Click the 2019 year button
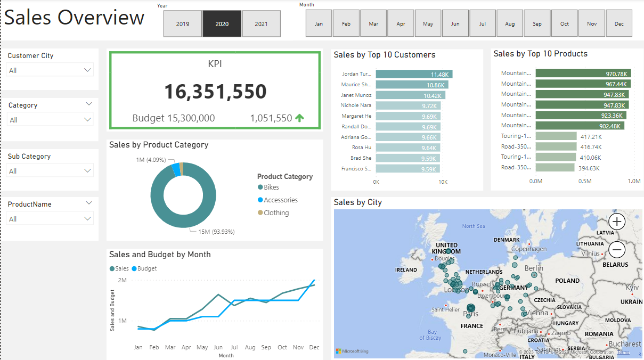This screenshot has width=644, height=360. pyautogui.click(x=183, y=24)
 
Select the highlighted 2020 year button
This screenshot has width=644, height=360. pyautogui.click(x=222, y=24)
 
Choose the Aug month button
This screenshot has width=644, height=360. pyautogui.click(x=510, y=24)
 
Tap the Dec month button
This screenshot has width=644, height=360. pyautogui.click(x=619, y=24)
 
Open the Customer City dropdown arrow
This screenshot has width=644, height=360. pyautogui.click(x=88, y=70)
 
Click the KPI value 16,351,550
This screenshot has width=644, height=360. pyautogui.click(x=215, y=92)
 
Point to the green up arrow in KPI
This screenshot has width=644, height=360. pyautogui.click(x=300, y=118)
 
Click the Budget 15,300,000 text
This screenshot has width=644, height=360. pyautogui.click(x=174, y=118)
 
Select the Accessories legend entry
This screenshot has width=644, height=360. pyautogui.click(x=280, y=200)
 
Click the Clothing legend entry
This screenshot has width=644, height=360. pyautogui.click(x=276, y=213)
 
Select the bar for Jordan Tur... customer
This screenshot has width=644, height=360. pyautogui.click(x=414, y=74)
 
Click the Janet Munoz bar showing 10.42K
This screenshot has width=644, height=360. pyautogui.click(x=410, y=95)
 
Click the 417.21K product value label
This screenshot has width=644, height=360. pyautogui.click(x=591, y=137)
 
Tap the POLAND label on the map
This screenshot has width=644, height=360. pyautogui.click(x=567, y=281)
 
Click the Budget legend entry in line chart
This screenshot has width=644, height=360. pyautogui.click(x=147, y=269)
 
